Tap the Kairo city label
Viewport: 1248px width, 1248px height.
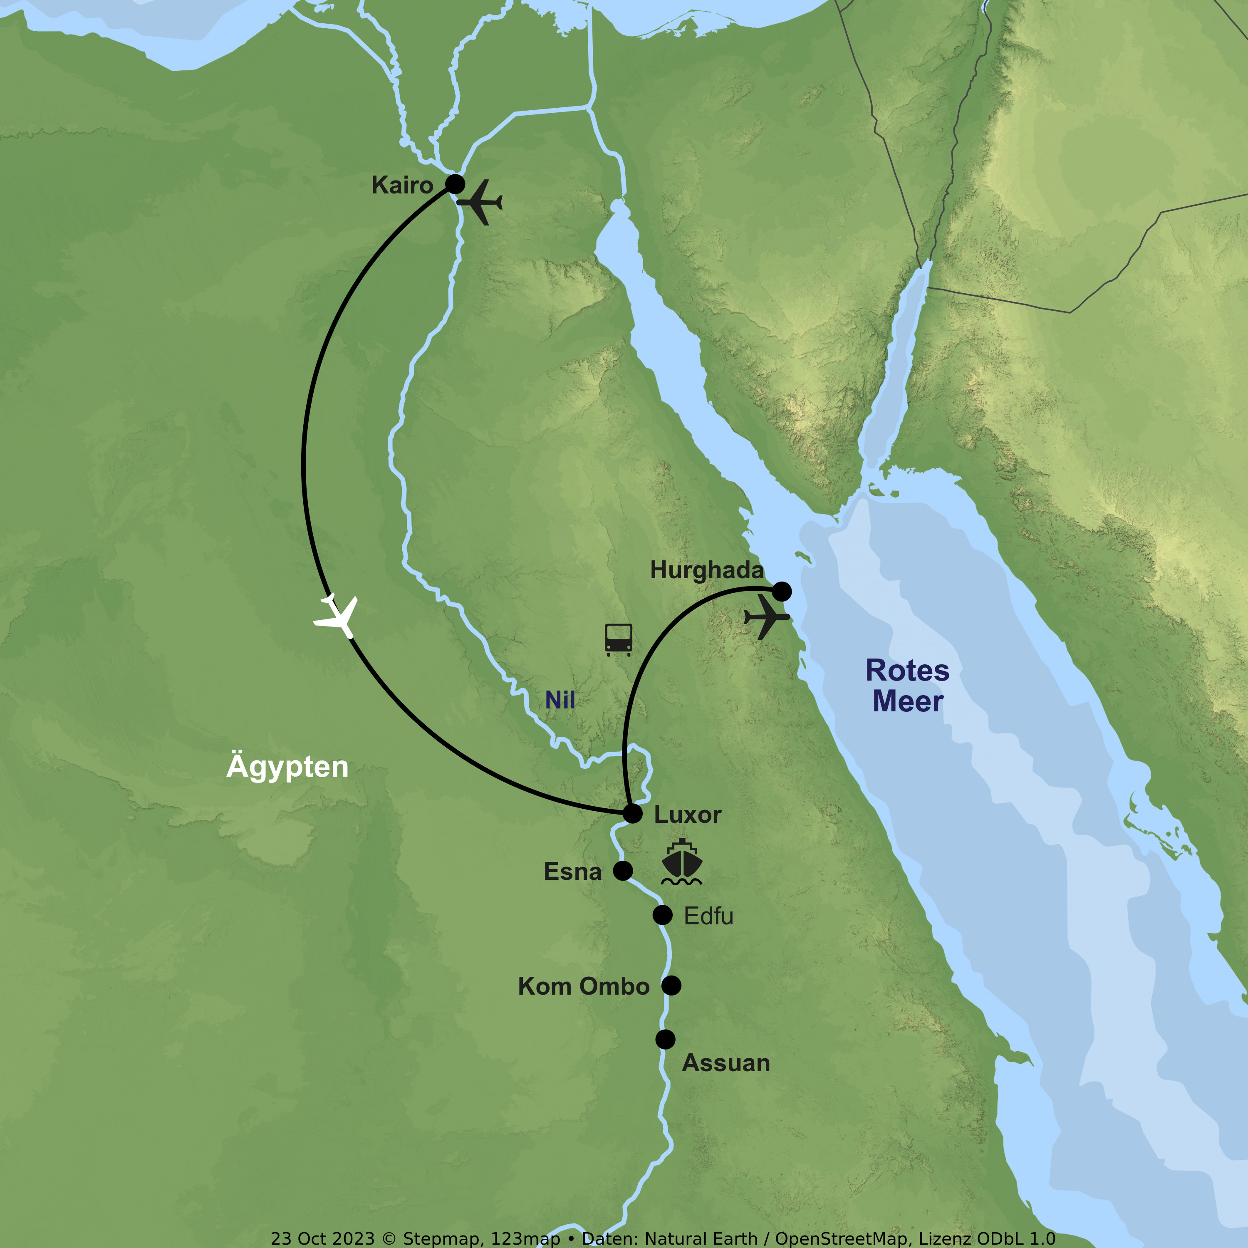(402, 186)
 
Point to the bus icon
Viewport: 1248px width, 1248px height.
(618, 639)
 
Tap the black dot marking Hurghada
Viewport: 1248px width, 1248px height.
(782, 591)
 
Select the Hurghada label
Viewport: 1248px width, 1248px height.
(707, 570)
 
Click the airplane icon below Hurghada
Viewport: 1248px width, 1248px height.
(767, 617)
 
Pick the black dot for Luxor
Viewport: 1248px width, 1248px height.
(632, 814)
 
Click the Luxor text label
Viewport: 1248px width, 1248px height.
(687, 815)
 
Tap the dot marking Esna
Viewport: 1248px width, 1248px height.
(623, 871)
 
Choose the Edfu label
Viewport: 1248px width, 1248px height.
(708, 916)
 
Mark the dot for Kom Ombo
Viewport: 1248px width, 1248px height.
(671, 986)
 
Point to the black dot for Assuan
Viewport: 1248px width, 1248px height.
(665, 1039)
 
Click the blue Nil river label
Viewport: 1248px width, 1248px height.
(560, 700)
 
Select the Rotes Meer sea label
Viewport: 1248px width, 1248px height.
(908, 686)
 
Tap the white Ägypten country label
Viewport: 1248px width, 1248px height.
(287, 767)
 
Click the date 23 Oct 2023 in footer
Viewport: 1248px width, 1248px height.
(322, 1238)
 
